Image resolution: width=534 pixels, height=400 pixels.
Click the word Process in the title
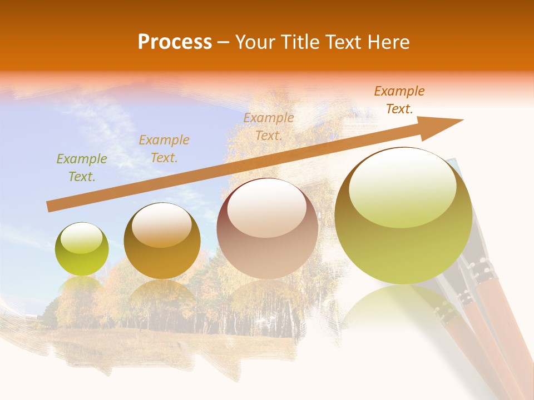click(x=175, y=42)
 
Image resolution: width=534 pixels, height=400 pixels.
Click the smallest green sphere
click(x=82, y=249)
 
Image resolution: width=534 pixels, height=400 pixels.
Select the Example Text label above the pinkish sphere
click(x=269, y=126)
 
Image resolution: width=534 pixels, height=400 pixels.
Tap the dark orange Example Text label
click(x=399, y=100)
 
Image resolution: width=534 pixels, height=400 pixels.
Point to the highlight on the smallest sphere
click(x=81, y=238)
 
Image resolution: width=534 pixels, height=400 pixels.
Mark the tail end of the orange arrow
click(x=51, y=206)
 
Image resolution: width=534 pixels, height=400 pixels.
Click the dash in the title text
click(x=224, y=42)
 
